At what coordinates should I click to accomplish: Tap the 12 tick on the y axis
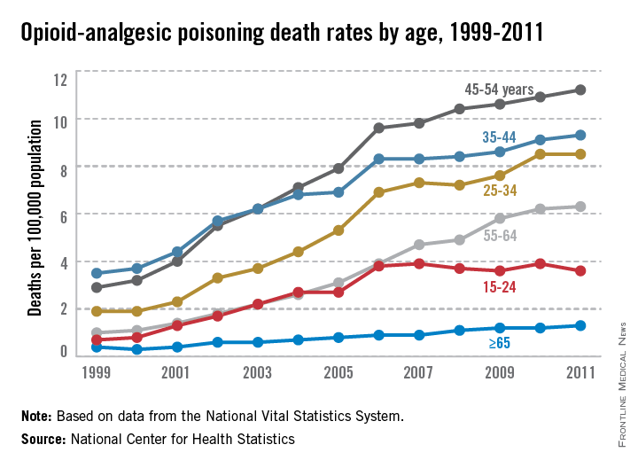60,80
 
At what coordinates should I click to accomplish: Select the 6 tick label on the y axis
62,214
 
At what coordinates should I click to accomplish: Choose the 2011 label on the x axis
580,374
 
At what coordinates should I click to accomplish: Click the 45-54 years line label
499,89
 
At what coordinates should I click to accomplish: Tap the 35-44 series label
501,136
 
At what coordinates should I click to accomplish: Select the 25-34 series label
500,190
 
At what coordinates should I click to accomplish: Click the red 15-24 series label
501,286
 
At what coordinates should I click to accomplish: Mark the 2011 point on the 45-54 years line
580,90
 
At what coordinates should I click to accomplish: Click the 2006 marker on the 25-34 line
378,191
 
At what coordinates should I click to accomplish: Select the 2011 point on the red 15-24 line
580,270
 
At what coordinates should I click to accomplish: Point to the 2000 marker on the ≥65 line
136,349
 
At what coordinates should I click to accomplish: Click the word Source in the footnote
41,439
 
